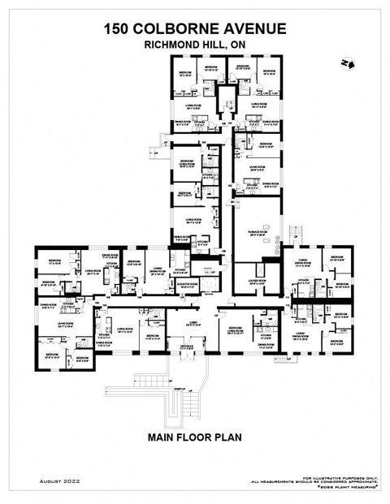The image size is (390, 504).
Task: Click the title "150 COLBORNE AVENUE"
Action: coord(195,29)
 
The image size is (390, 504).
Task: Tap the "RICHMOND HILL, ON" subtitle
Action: coord(195,45)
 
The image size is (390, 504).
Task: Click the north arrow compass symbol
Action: coord(348,62)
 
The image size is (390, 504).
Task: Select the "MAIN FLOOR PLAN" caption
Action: coord(195,437)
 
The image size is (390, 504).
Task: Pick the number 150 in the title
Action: coord(119,29)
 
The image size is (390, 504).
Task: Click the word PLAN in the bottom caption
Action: coord(227,437)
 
